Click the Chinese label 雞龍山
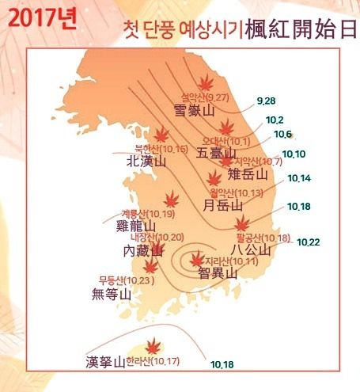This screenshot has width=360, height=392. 134,226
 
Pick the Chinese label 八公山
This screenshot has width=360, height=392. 249,250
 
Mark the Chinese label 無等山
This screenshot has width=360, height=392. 111,294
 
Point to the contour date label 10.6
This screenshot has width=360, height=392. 283,135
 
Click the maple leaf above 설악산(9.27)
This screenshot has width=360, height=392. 207,83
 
